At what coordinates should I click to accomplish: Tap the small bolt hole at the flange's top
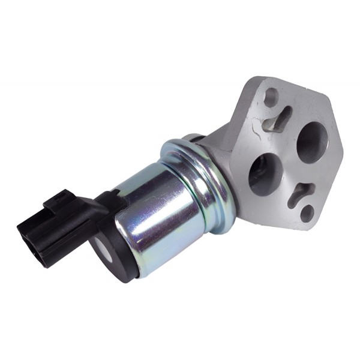pos(271,95)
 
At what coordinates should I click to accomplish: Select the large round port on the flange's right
pos(312,142)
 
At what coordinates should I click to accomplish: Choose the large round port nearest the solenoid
pos(265,175)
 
